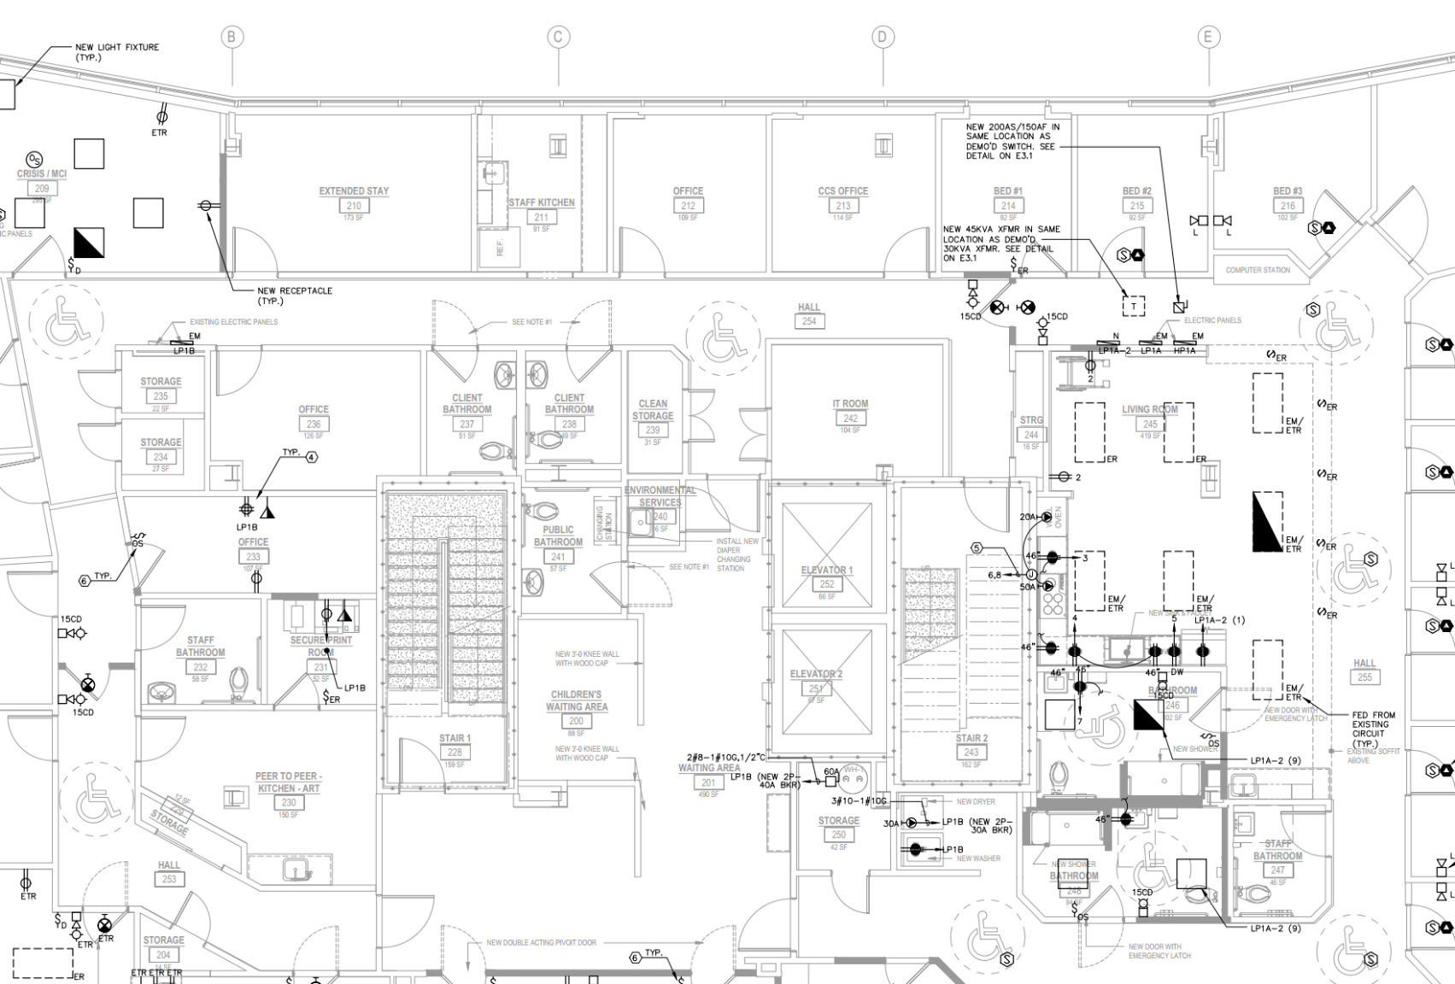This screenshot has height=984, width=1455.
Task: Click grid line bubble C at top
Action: (x=558, y=37)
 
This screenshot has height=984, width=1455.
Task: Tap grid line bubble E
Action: (x=1207, y=37)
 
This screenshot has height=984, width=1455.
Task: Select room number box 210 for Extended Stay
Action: (x=354, y=206)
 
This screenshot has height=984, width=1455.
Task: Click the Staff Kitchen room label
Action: (x=542, y=202)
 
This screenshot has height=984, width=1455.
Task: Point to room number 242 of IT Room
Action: (x=850, y=419)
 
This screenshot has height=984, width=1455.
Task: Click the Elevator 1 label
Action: (x=826, y=570)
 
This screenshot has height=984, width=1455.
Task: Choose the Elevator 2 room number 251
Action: (x=816, y=688)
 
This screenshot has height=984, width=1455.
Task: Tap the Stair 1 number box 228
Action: (x=455, y=753)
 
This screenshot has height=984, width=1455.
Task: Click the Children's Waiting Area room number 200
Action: (x=577, y=721)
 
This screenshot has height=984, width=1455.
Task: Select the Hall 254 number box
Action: (x=809, y=321)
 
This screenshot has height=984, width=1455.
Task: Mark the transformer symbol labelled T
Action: (x=1134, y=306)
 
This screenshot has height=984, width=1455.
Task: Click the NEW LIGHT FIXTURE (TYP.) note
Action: (x=116, y=52)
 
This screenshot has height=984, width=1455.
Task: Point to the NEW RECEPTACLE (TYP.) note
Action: (x=295, y=296)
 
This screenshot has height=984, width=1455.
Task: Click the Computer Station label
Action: (x=1258, y=270)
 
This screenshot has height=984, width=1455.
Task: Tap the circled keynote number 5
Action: (x=977, y=548)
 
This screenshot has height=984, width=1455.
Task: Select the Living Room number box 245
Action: (x=1150, y=425)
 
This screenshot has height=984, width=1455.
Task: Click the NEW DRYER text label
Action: (x=976, y=802)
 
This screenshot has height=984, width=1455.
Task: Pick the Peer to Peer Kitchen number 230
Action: (x=289, y=803)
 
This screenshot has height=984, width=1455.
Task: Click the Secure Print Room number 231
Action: (x=320, y=667)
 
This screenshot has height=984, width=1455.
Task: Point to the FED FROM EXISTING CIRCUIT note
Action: (x=1373, y=729)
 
